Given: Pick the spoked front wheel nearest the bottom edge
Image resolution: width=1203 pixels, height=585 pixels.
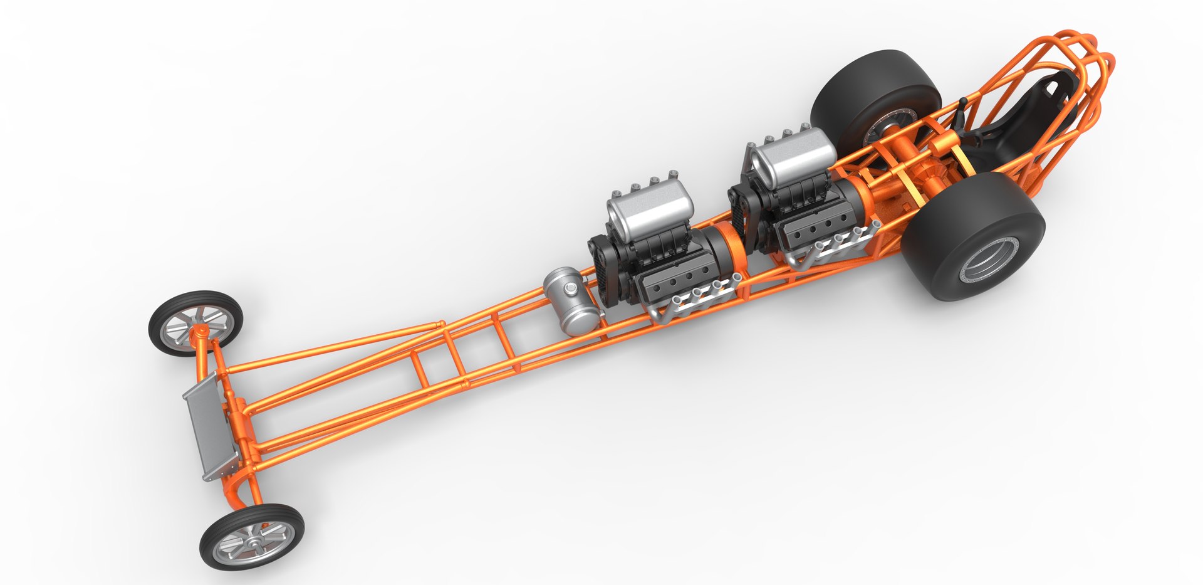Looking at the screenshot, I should point(252,538).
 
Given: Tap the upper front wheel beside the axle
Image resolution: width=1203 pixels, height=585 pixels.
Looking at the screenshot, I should point(195,323).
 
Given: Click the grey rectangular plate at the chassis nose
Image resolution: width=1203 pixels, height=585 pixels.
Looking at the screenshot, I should point(210,426).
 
